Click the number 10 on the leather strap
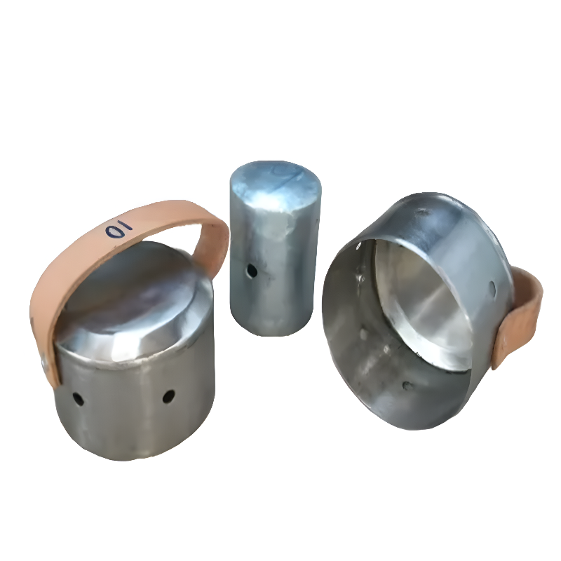tap(119, 229)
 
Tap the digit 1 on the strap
tap(126, 225)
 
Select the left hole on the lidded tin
tap(78, 399)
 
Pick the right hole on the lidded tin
tap(168, 396)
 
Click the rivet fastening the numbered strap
tap(44, 364)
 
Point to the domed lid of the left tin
tap(134, 301)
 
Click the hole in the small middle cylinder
tap(252, 271)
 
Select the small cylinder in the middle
tap(275, 249)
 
